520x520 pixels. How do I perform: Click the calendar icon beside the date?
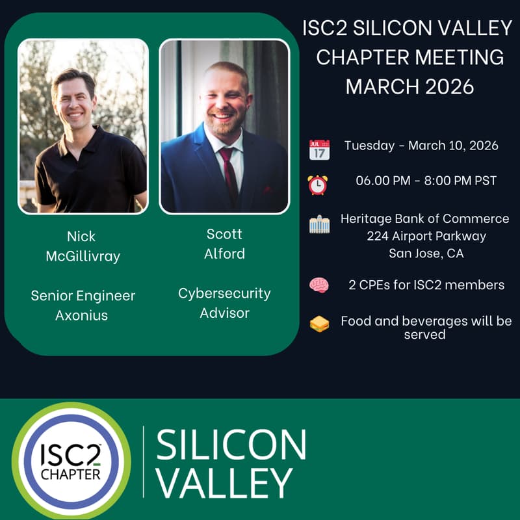[319, 149]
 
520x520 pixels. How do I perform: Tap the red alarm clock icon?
[318, 184]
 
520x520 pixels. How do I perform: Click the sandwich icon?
[319, 323]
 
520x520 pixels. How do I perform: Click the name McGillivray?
[83, 256]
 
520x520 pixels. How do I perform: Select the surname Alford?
[224, 253]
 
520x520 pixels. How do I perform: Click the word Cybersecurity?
[224, 293]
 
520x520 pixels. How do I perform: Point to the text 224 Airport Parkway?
[426, 236]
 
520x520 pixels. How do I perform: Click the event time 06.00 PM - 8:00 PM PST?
[426, 181]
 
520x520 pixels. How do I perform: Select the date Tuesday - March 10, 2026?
[421, 146]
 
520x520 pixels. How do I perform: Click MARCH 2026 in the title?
[409, 86]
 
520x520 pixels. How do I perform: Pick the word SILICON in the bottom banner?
[231, 445]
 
